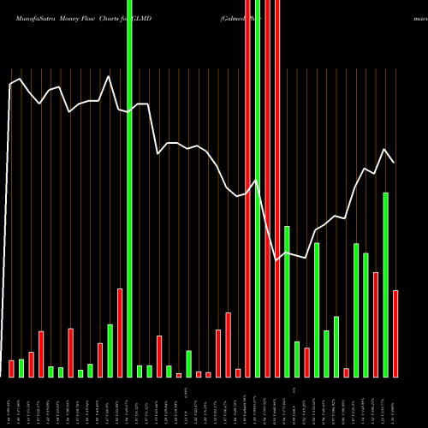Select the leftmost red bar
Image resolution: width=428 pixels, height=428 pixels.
[12, 368]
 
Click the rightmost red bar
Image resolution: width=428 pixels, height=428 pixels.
[395, 334]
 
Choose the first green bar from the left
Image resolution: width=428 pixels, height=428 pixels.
[21, 367]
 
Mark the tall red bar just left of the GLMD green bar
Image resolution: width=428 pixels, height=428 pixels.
[120, 332]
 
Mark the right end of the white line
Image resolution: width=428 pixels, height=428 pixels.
[395, 162]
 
